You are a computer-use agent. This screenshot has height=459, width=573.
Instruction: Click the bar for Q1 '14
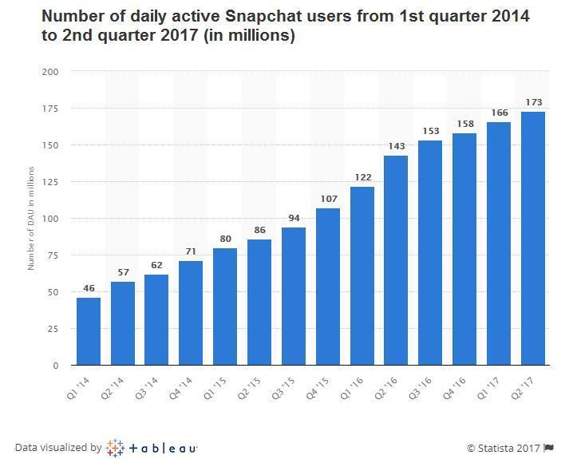click(89, 331)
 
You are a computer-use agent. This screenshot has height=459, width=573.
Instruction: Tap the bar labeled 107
click(328, 287)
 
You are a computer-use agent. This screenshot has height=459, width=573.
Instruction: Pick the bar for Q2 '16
click(397, 260)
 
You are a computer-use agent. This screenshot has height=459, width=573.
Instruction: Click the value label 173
click(533, 102)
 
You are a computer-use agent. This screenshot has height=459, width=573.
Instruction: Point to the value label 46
click(89, 288)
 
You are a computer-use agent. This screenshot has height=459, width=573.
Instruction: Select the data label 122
click(362, 177)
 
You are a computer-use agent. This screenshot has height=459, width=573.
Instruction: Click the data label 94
click(294, 218)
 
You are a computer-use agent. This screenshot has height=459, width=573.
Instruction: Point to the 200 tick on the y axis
click(51, 72)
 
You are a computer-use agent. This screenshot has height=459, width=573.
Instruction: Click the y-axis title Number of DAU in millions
click(31, 218)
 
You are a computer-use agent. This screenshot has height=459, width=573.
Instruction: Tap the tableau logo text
click(163, 448)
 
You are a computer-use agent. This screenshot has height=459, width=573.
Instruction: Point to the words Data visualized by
click(57, 448)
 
